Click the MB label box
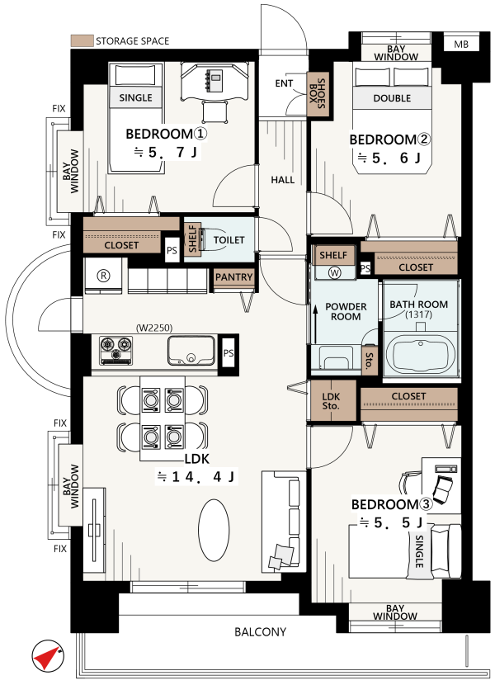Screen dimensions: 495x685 tap(461, 44)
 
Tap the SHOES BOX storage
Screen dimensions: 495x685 tap(318, 94)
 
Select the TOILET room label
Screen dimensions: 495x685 tap(229, 240)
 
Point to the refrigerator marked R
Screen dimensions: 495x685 tap(103, 276)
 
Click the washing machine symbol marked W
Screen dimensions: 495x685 tap(335, 273)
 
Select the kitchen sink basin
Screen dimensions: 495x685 tap(191, 351)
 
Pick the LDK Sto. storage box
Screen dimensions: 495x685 tap(332, 401)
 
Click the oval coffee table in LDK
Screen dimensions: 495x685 tap(214, 530)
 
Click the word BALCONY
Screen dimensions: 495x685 tap(261, 631)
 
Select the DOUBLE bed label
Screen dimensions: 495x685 tap(392, 98)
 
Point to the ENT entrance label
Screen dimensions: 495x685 tap(284, 83)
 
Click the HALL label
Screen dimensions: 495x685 tap(283, 180)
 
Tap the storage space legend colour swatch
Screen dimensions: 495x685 tap(82, 40)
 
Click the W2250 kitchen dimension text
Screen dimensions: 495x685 tap(154, 328)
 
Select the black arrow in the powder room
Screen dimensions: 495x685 tap(314, 324)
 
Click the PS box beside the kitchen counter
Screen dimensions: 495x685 tap(228, 353)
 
